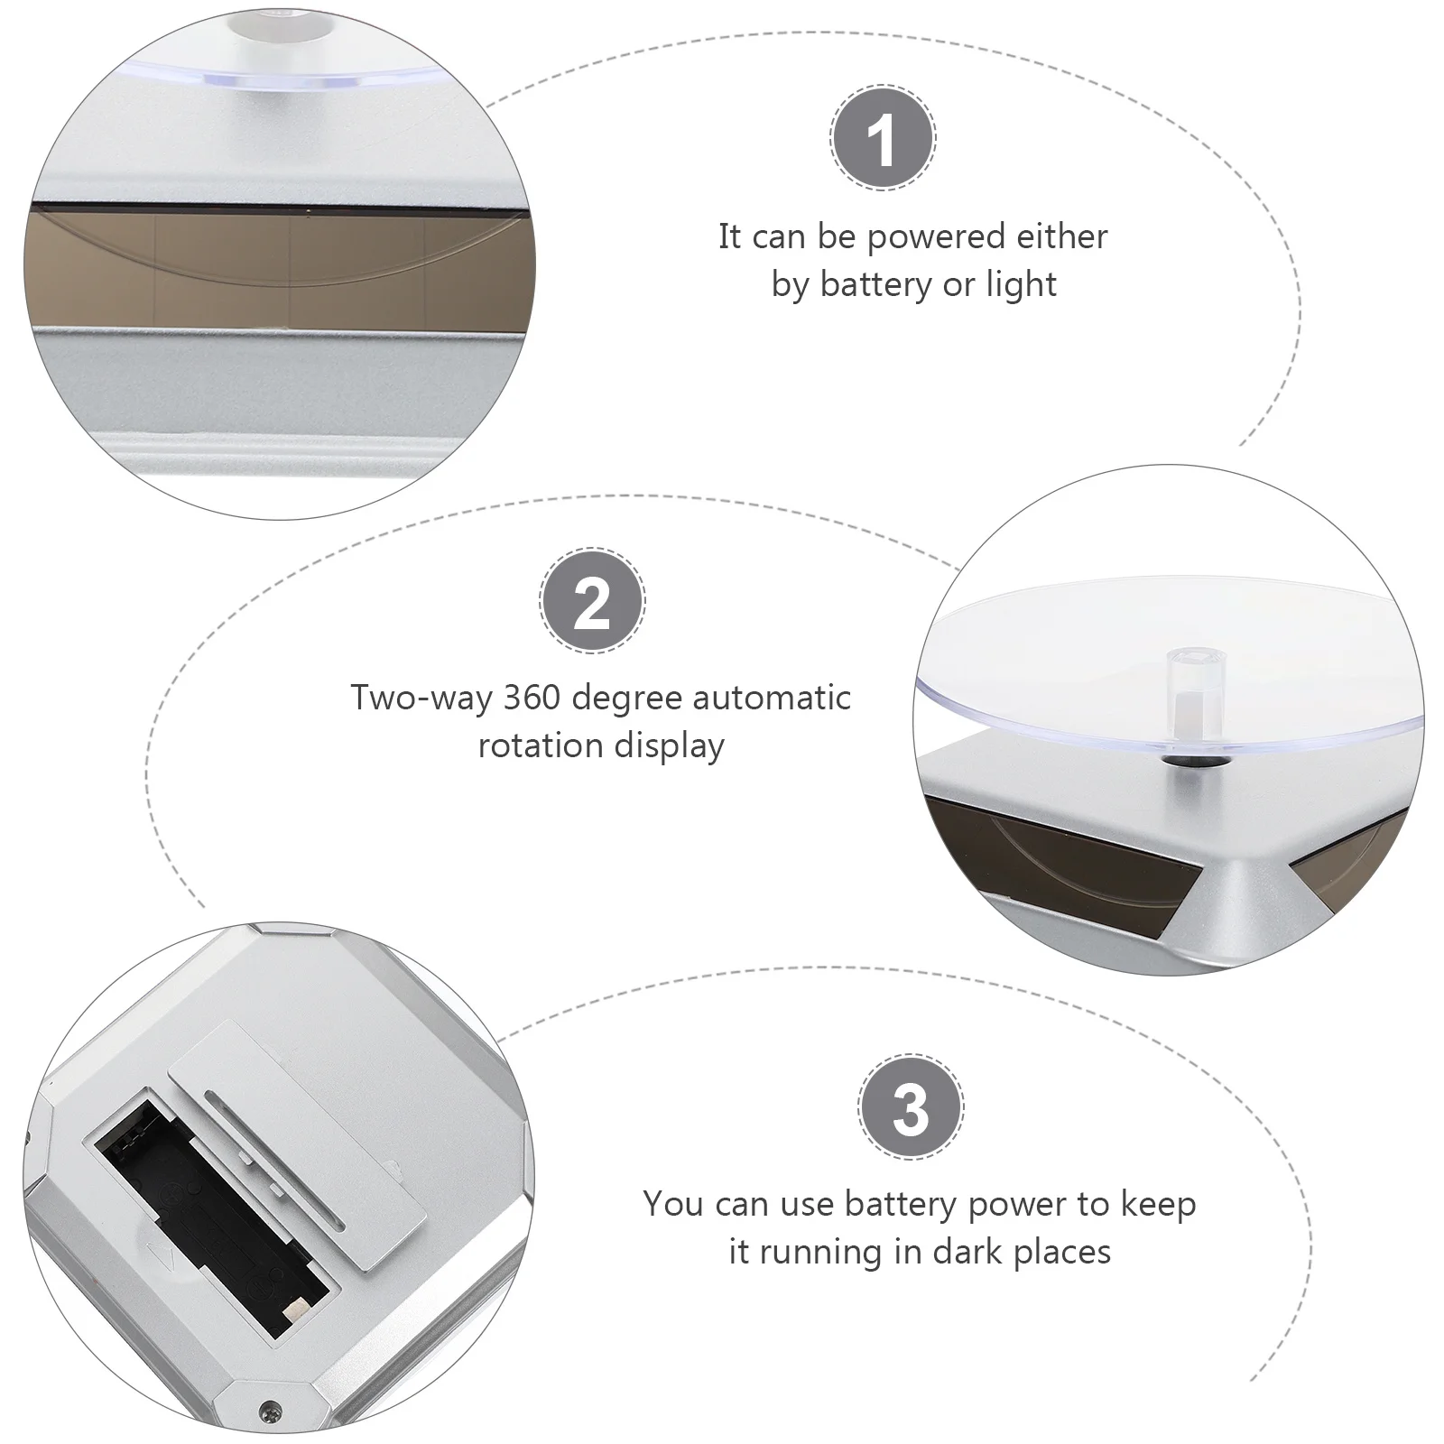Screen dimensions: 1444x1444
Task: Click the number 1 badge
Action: coord(883,138)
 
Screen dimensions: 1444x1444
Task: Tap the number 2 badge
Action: coord(592,600)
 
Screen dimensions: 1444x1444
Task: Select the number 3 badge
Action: coord(911,1106)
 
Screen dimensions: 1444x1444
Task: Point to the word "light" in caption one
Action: coord(1022,284)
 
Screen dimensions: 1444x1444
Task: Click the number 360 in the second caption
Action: coord(532,698)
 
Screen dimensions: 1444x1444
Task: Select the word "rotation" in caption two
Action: coord(541,746)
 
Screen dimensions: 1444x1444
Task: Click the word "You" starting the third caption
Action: coord(673,1204)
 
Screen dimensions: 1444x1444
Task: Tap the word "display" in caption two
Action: coord(669,746)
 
